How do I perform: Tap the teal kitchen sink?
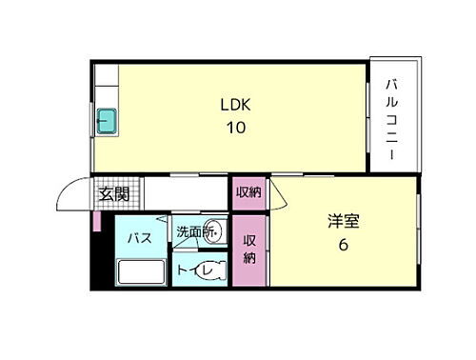[x=106, y=122]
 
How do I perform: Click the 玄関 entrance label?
[x=115, y=194]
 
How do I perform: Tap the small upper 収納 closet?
[x=248, y=191]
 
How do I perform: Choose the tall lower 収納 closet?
[x=249, y=249]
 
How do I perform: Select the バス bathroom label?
[x=140, y=238]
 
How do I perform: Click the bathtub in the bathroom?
[x=141, y=275]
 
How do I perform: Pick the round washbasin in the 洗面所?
[x=215, y=231]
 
